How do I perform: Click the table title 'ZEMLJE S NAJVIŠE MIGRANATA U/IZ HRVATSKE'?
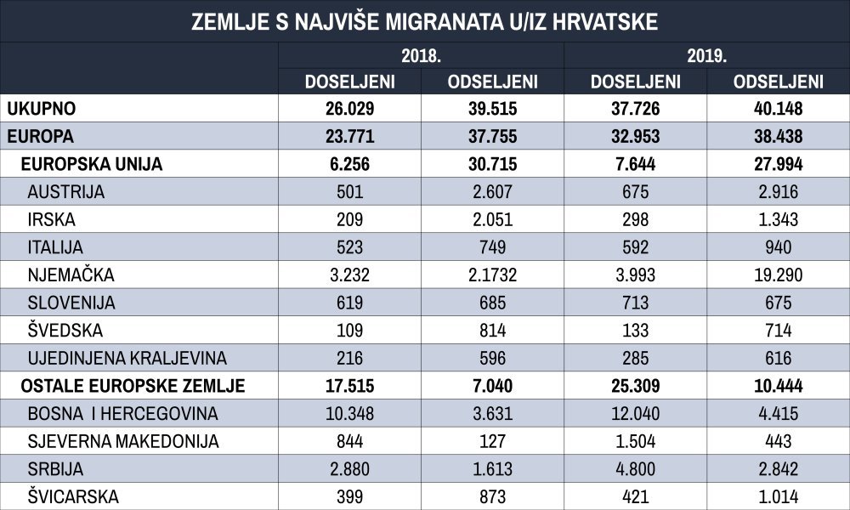pyautogui.click(x=424, y=22)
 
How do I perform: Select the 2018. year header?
pyautogui.click(x=421, y=56)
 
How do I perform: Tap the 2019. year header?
pyautogui.click(x=707, y=56)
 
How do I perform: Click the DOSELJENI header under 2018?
pyautogui.click(x=349, y=82)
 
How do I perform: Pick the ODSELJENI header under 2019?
pyautogui.click(x=779, y=82)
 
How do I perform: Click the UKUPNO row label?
pyautogui.click(x=41, y=109)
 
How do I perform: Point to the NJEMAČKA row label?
pyautogui.click(x=71, y=275)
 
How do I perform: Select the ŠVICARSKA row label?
pyautogui.click(x=73, y=496)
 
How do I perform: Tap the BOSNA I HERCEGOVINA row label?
pyautogui.click(x=122, y=414)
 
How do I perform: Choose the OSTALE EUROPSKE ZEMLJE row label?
pyautogui.click(x=133, y=386)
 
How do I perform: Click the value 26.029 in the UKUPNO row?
pyautogui.click(x=349, y=109)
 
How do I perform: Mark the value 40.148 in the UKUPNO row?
pyautogui.click(x=779, y=109)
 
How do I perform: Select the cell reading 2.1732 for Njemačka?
pyautogui.click(x=493, y=275)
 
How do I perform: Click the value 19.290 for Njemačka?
pyautogui.click(x=779, y=275)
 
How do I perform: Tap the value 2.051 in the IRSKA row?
pyautogui.click(x=493, y=219)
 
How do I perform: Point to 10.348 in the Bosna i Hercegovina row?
pyautogui.click(x=349, y=414)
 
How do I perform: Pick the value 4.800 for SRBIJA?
pyautogui.click(x=635, y=469)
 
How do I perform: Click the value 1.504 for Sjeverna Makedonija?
pyautogui.click(x=635, y=441)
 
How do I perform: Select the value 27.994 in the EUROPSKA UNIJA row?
pyautogui.click(x=779, y=164)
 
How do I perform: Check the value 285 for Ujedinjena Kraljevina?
pyautogui.click(x=635, y=358)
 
